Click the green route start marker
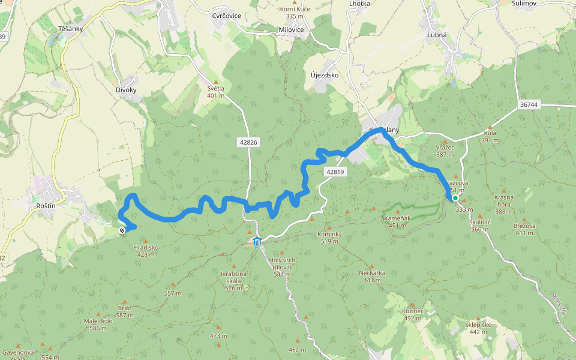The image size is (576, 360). (455, 198)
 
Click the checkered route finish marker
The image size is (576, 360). (122, 230)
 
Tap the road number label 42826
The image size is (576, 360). (248, 142)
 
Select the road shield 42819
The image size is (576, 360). (335, 172)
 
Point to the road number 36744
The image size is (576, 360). (529, 104)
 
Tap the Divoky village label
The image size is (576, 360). (126, 90)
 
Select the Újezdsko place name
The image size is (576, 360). (325, 76)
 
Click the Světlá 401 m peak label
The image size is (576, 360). (215, 91)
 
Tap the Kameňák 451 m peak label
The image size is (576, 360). (397, 221)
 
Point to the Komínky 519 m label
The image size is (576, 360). (329, 237)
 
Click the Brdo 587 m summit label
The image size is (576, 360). (125, 311)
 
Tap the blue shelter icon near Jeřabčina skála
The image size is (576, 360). (257, 241)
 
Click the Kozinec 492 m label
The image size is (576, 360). (413, 314)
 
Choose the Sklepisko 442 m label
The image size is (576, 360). (478, 328)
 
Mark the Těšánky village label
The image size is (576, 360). (70, 28)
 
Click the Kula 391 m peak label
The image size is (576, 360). (490, 137)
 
